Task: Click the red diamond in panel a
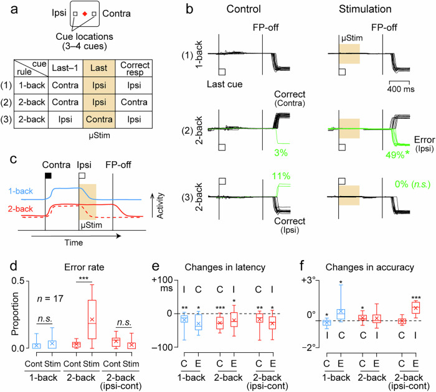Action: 85,13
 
